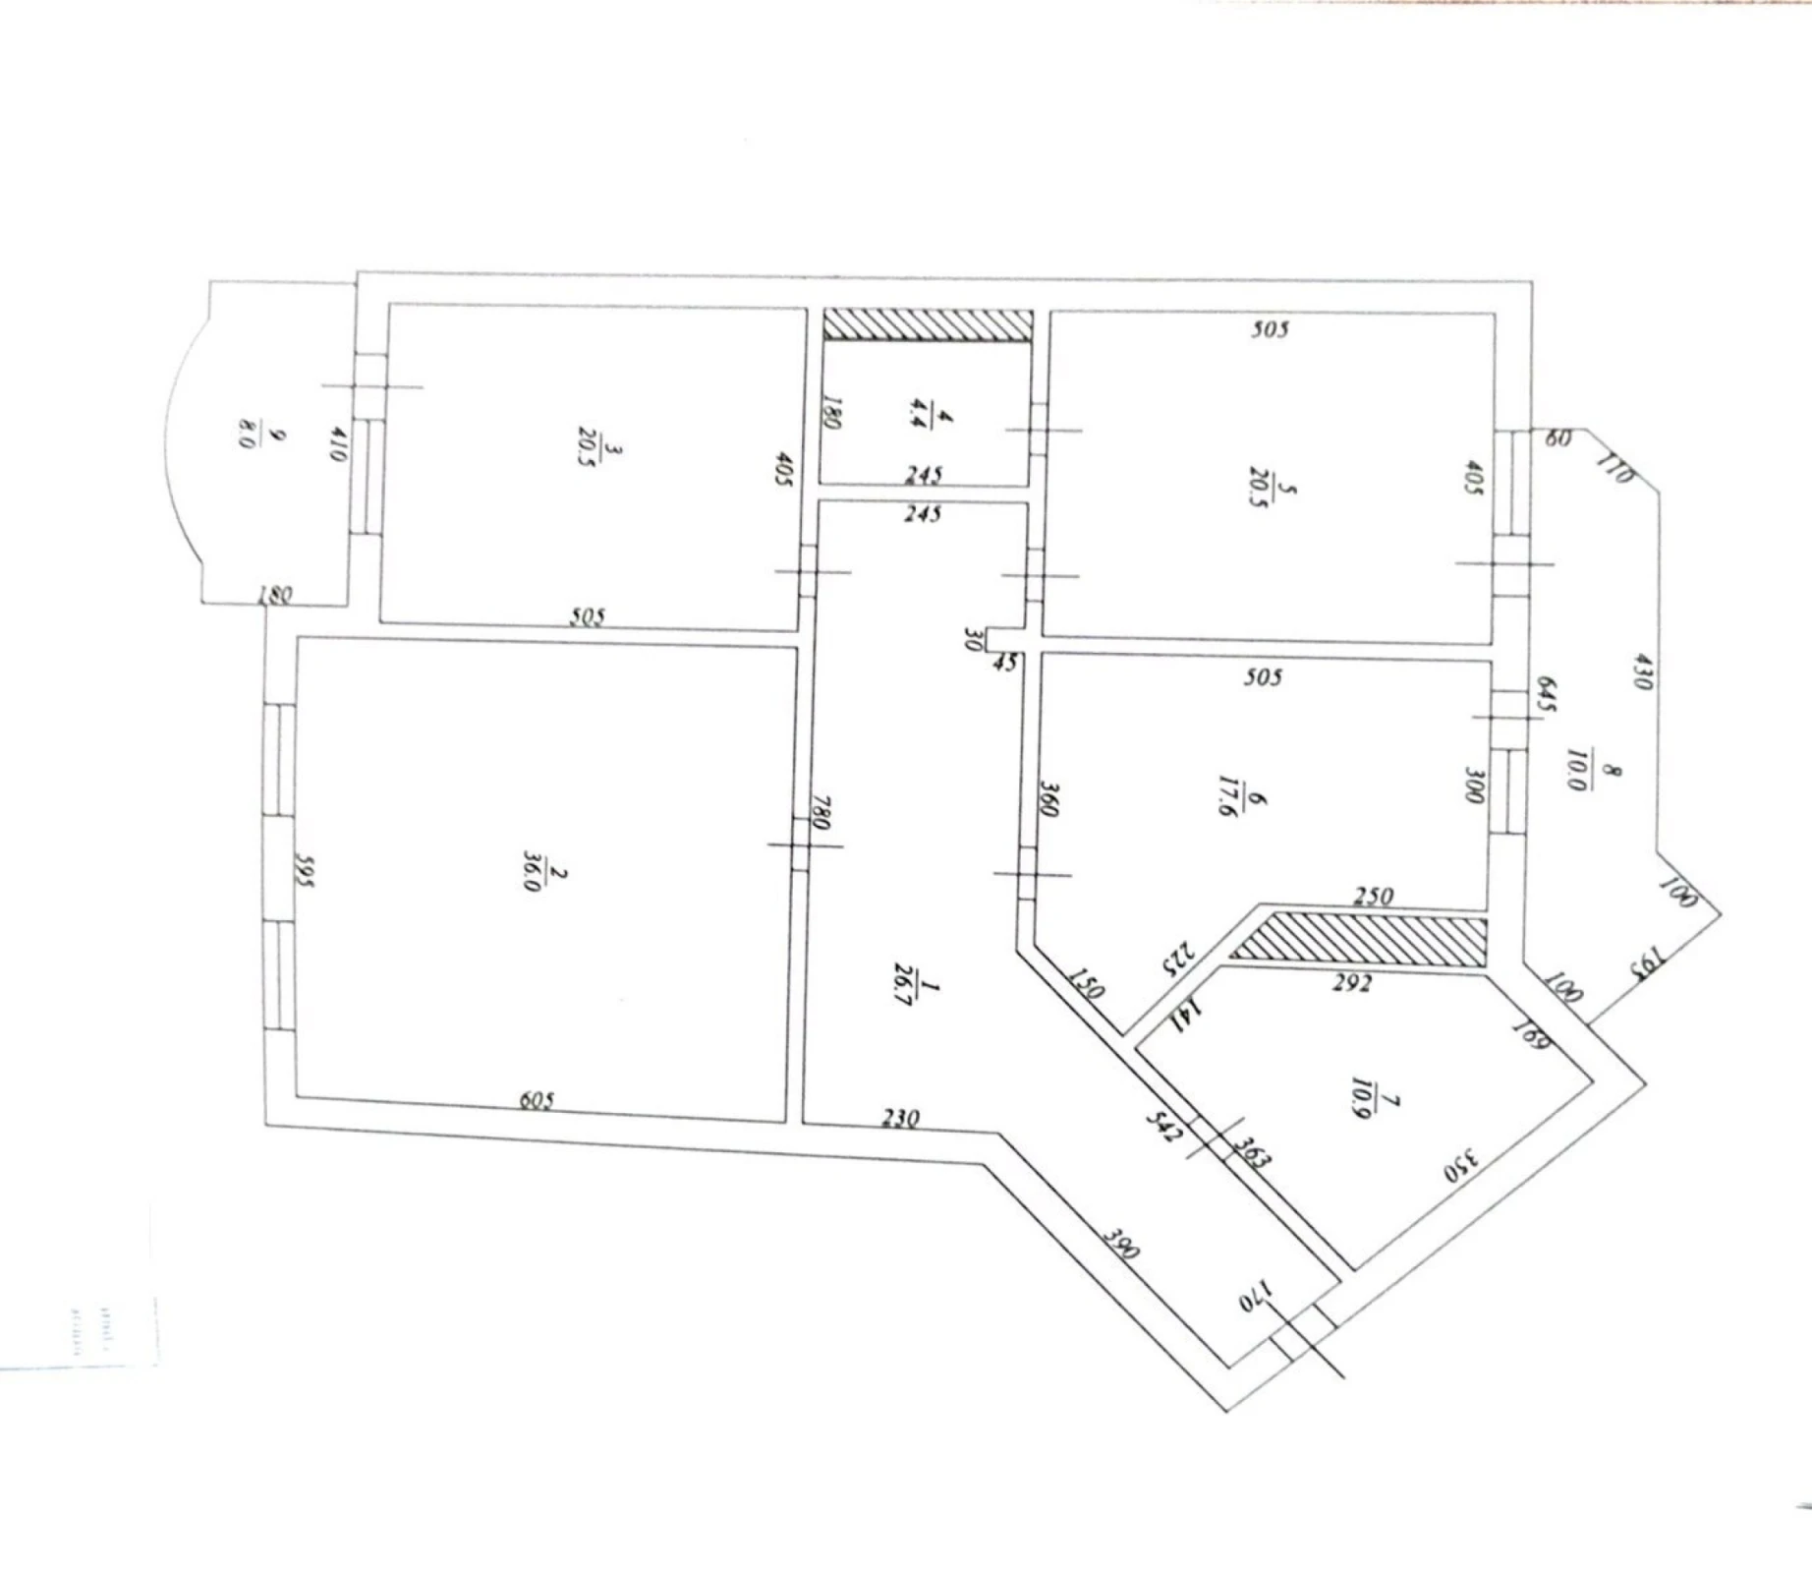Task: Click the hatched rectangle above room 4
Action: pos(928,325)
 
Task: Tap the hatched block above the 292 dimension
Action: pos(1360,939)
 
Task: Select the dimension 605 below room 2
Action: pos(537,1100)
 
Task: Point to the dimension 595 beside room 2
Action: pos(304,869)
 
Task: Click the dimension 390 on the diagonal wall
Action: pos(1120,1244)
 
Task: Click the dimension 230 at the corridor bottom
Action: pos(900,1118)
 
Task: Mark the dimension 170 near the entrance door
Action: pos(1259,1296)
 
